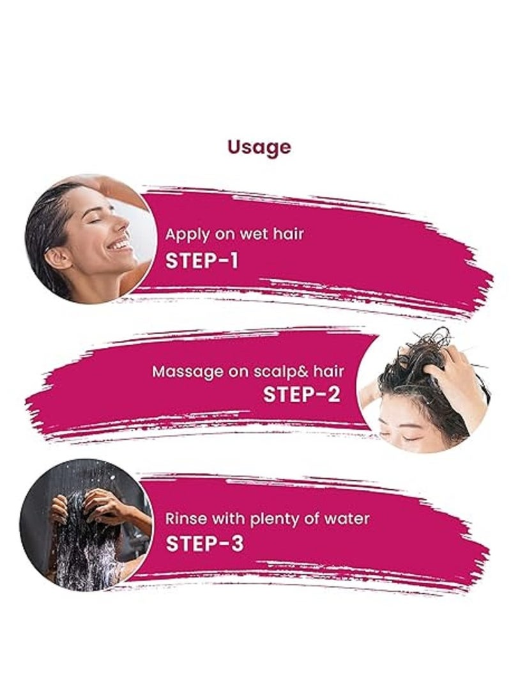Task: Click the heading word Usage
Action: [259, 148]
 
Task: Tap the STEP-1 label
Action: [202, 261]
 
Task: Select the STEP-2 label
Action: [301, 395]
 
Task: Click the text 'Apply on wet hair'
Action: [234, 234]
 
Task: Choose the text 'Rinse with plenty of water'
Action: [259, 518]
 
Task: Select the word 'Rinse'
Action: [183, 518]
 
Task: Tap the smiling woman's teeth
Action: [119, 244]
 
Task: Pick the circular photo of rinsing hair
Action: [86, 524]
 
